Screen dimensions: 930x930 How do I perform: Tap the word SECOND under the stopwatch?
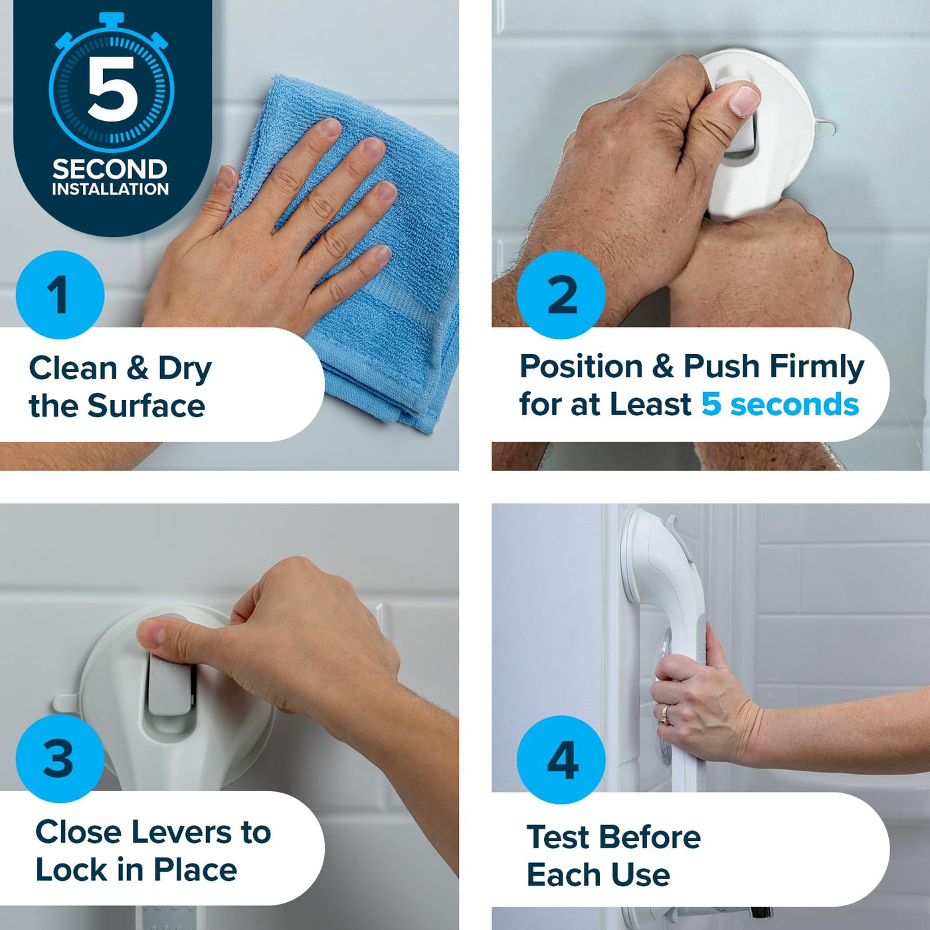(x=110, y=169)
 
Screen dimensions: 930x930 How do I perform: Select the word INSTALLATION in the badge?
(x=110, y=189)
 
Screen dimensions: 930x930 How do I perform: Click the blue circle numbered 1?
(x=60, y=294)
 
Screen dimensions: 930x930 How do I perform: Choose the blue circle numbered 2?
(x=561, y=294)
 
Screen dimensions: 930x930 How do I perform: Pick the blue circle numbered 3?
(x=60, y=759)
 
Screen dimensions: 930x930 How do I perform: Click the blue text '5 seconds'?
(x=780, y=404)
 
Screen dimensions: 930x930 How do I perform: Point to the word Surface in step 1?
(x=146, y=405)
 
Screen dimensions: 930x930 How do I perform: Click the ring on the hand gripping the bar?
(x=666, y=714)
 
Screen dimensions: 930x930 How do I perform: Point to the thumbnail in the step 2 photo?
(x=744, y=102)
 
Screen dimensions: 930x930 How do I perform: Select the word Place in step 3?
(x=195, y=870)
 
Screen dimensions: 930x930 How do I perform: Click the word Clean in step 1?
(x=73, y=368)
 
